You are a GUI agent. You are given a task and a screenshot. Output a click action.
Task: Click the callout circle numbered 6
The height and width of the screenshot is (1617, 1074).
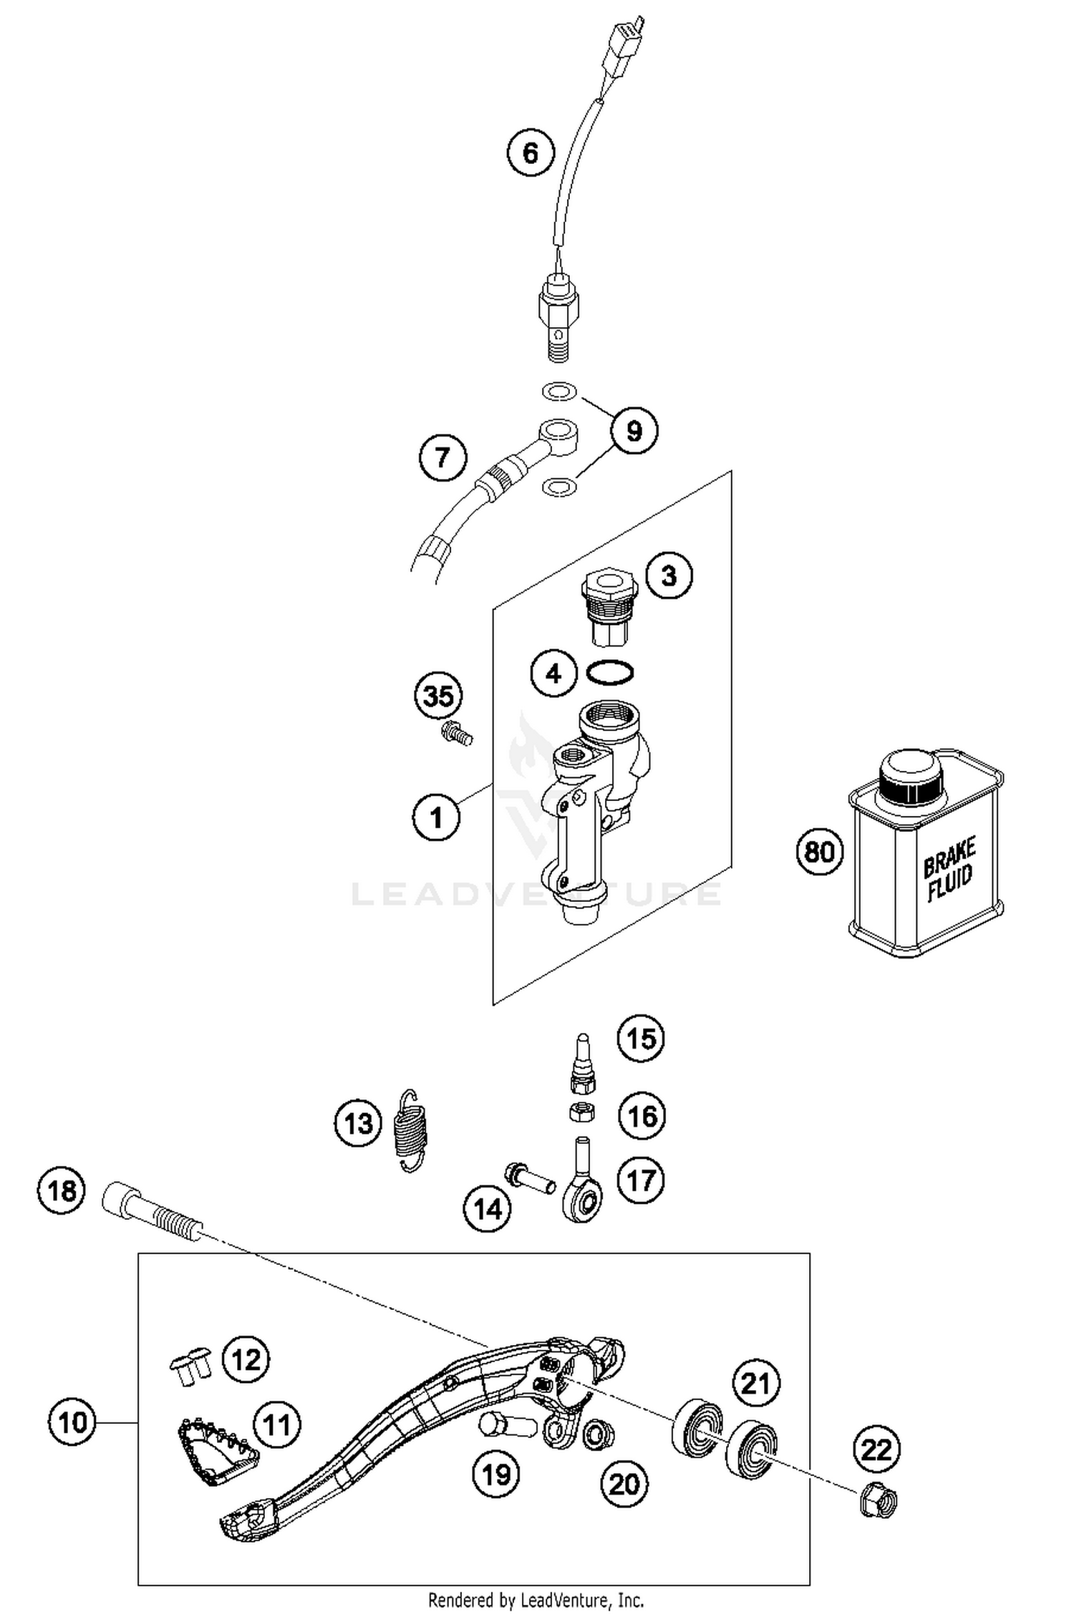click(530, 152)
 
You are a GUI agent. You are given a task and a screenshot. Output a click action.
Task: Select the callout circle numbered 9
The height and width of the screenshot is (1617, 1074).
click(634, 431)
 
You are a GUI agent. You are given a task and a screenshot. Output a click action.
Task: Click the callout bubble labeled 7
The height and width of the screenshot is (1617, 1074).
click(442, 457)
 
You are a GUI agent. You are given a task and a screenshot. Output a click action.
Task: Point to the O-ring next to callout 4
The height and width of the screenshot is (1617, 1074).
click(610, 673)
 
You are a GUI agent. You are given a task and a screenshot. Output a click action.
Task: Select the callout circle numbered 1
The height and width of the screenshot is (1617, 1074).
click(437, 817)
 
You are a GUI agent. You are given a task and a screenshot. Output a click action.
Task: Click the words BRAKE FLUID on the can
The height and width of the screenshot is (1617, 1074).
click(949, 870)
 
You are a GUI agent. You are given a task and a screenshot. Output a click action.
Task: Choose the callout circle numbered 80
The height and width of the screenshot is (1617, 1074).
click(820, 852)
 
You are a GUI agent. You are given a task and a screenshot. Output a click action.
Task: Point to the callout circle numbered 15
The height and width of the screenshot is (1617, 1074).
click(641, 1038)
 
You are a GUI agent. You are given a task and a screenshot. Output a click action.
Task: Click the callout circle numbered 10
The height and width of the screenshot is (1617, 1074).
click(72, 1422)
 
